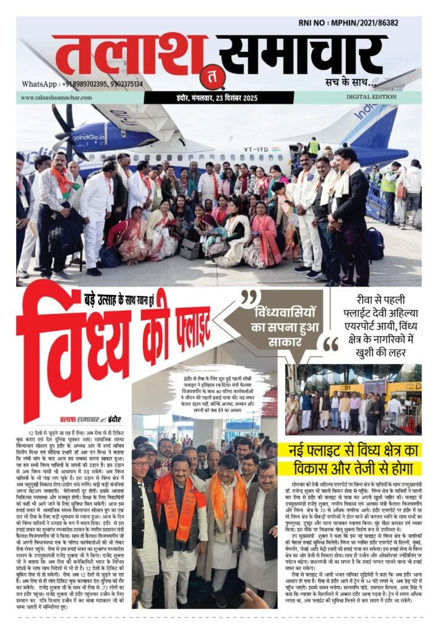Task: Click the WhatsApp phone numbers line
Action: [82, 84]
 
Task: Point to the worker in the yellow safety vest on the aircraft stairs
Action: [314, 147]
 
